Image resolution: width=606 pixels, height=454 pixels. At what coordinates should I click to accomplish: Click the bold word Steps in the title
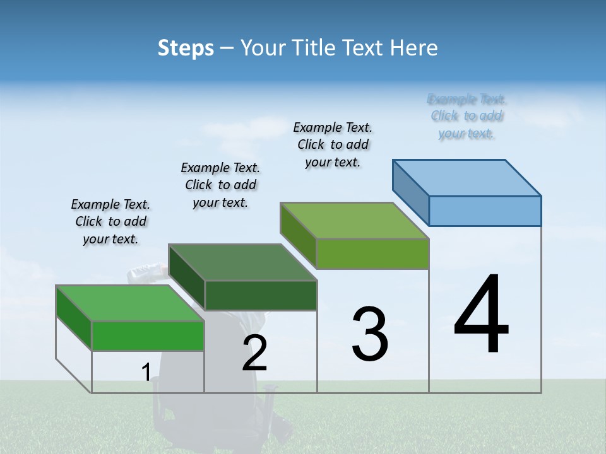pyautogui.click(x=186, y=48)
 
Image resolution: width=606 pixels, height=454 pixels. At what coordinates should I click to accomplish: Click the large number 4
pyautogui.click(x=481, y=315)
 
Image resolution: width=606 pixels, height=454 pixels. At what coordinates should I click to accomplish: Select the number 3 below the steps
pyautogui.click(x=370, y=334)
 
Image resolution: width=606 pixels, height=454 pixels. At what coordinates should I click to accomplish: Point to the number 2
pyautogui.click(x=255, y=353)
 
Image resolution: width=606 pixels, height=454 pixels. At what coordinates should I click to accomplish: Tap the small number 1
pyautogui.click(x=146, y=372)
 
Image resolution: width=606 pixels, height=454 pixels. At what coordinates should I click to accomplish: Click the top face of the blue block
pyautogui.click(x=467, y=177)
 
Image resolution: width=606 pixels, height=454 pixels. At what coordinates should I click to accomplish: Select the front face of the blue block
pyautogui.click(x=485, y=211)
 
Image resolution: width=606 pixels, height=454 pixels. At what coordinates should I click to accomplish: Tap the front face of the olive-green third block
pyautogui.click(x=372, y=253)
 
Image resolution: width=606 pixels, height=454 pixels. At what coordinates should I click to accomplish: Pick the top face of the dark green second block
pyautogui.click(x=242, y=262)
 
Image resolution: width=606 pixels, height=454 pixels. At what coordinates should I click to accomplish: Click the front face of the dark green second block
pyautogui.click(x=261, y=295)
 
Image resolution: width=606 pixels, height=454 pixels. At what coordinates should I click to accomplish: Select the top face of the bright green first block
pyautogui.click(x=130, y=303)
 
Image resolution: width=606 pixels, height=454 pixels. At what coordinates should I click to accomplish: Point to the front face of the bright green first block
pyautogui.click(x=148, y=335)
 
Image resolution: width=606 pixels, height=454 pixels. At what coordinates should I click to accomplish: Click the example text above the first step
pyautogui.click(x=110, y=221)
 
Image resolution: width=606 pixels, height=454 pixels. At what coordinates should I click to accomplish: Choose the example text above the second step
pyautogui.click(x=220, y=185)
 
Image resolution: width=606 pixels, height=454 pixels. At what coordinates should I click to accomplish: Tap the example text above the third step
pyautogui.click(x=333, y=144)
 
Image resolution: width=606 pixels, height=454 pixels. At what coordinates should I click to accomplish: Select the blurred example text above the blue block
pyautogui.click(x=466, y=116)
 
